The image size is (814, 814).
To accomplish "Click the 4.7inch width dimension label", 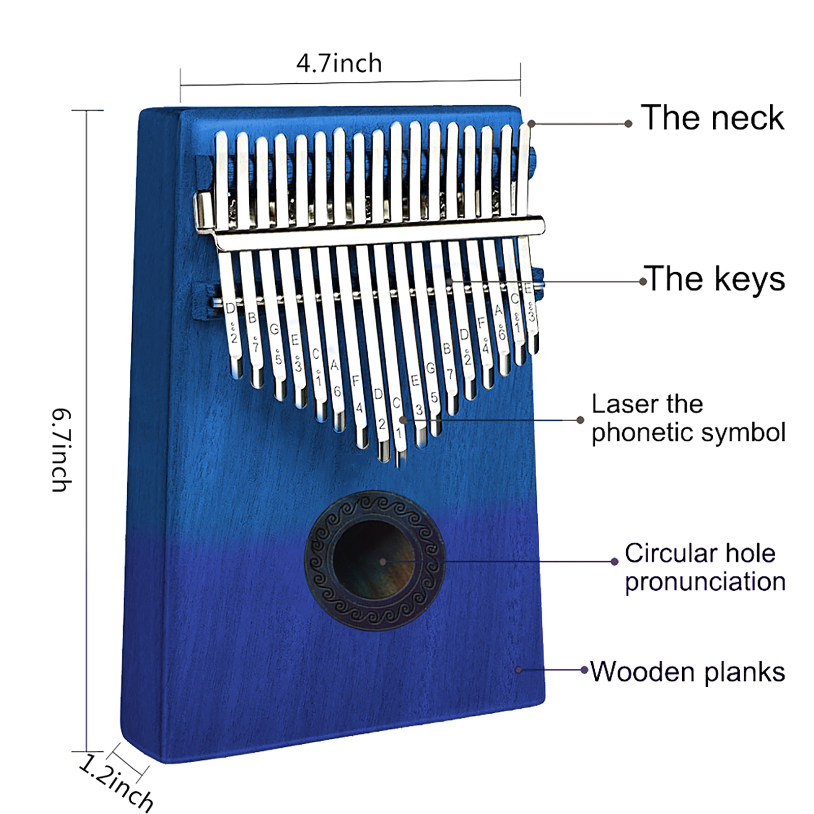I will click(x=339, y=64).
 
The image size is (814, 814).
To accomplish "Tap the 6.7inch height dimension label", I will click(x=61, y=450).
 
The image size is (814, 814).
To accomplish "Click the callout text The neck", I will click(x=712, y=118).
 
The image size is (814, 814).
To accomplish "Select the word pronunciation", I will click(x=705, y=582).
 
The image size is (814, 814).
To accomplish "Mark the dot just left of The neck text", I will click(x=628, y=124).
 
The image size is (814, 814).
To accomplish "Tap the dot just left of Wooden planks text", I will click(x=585, y=670).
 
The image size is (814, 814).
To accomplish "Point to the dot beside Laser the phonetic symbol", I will click(x=580, y=420).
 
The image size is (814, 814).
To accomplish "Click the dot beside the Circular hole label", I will click(x=615, y=562).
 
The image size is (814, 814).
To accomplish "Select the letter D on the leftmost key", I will click(x=230, y=308).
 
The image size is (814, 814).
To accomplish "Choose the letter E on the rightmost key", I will click(x=529, y=288).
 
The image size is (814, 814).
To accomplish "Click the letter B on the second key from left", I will click(x=252, y=318).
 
